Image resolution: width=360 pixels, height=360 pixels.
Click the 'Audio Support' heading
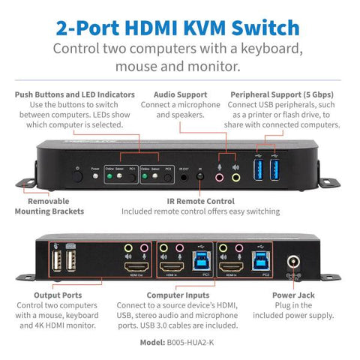tap(180, 95)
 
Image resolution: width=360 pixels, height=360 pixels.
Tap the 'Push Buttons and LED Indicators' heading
tap(74, 95)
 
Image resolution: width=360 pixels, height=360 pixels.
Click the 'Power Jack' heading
tap(294, 295)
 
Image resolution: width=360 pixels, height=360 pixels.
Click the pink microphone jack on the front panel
tap(219, 178)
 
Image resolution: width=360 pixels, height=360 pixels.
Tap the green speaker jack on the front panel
tap(235, 178)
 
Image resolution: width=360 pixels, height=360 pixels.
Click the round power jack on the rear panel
tap(294, 264)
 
